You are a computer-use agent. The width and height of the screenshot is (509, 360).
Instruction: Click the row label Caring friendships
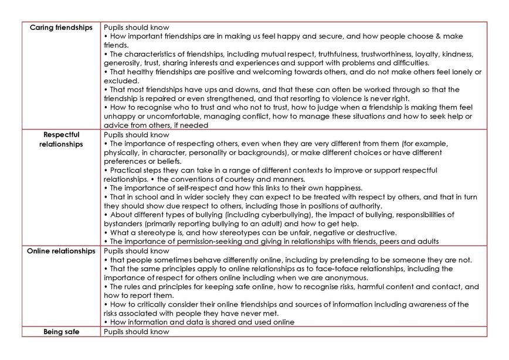point(61,28)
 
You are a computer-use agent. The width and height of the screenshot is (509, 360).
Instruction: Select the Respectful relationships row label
point(61,140)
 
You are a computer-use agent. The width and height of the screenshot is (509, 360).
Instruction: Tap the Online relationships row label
point(61,252)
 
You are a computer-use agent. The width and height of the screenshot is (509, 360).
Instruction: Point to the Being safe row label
point(61,332)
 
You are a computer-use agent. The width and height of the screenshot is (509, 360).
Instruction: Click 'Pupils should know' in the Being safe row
point(136,332)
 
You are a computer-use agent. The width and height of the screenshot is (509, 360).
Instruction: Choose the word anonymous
point(347,278)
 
